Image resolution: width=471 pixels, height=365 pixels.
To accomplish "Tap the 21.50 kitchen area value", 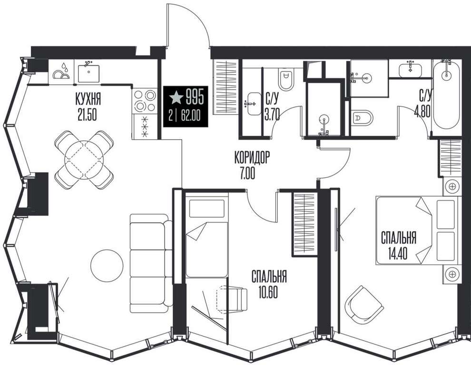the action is click(x=87, y=115).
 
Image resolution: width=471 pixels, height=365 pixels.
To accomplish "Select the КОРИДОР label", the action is click(x=252, y=158).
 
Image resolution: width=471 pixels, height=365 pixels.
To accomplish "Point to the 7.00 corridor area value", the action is click(x=247, y=173).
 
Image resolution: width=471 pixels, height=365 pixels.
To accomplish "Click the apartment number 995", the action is click(x=195, y=97).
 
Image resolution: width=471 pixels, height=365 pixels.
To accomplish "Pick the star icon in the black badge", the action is click(x=177, y=97).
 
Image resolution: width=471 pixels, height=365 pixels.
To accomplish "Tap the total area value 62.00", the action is click(x=191, y=115).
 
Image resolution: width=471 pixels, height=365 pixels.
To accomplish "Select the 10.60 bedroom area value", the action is click(x=268, y=292).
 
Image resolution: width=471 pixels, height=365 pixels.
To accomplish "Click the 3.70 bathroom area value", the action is click(x=272, y=115).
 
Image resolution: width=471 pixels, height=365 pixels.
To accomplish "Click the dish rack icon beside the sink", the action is click(x=61, y=71).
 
